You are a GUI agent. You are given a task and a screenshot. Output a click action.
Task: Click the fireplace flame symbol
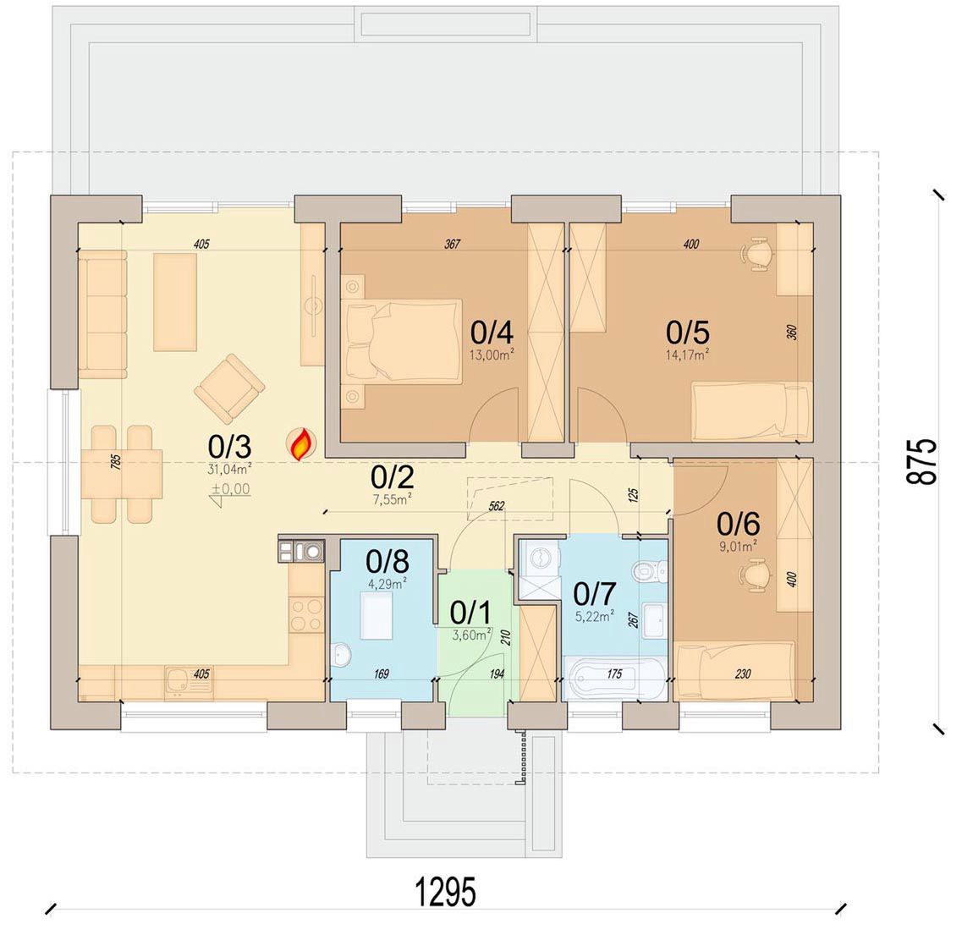(300, 445)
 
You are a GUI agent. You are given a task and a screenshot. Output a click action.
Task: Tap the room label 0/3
(229, 448)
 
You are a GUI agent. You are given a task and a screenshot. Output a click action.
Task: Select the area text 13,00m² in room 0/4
(492, 355)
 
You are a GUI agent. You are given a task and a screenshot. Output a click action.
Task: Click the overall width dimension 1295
(446, 892)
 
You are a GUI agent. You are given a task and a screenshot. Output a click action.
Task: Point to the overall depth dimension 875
(922, 461)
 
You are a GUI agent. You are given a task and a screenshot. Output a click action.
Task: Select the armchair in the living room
(229, 388)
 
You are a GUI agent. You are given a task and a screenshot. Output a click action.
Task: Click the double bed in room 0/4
(403, 341)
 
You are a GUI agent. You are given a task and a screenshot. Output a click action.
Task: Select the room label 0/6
(738, 524)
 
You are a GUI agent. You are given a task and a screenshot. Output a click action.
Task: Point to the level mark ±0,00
(231, 490)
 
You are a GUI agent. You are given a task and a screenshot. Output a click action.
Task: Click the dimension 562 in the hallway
(497, 506)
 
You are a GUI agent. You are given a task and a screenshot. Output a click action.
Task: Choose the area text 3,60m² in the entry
(472, 635)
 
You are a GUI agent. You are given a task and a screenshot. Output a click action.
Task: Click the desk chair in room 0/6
(755, 575)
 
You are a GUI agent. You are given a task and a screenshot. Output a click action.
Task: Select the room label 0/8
(388, 561)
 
